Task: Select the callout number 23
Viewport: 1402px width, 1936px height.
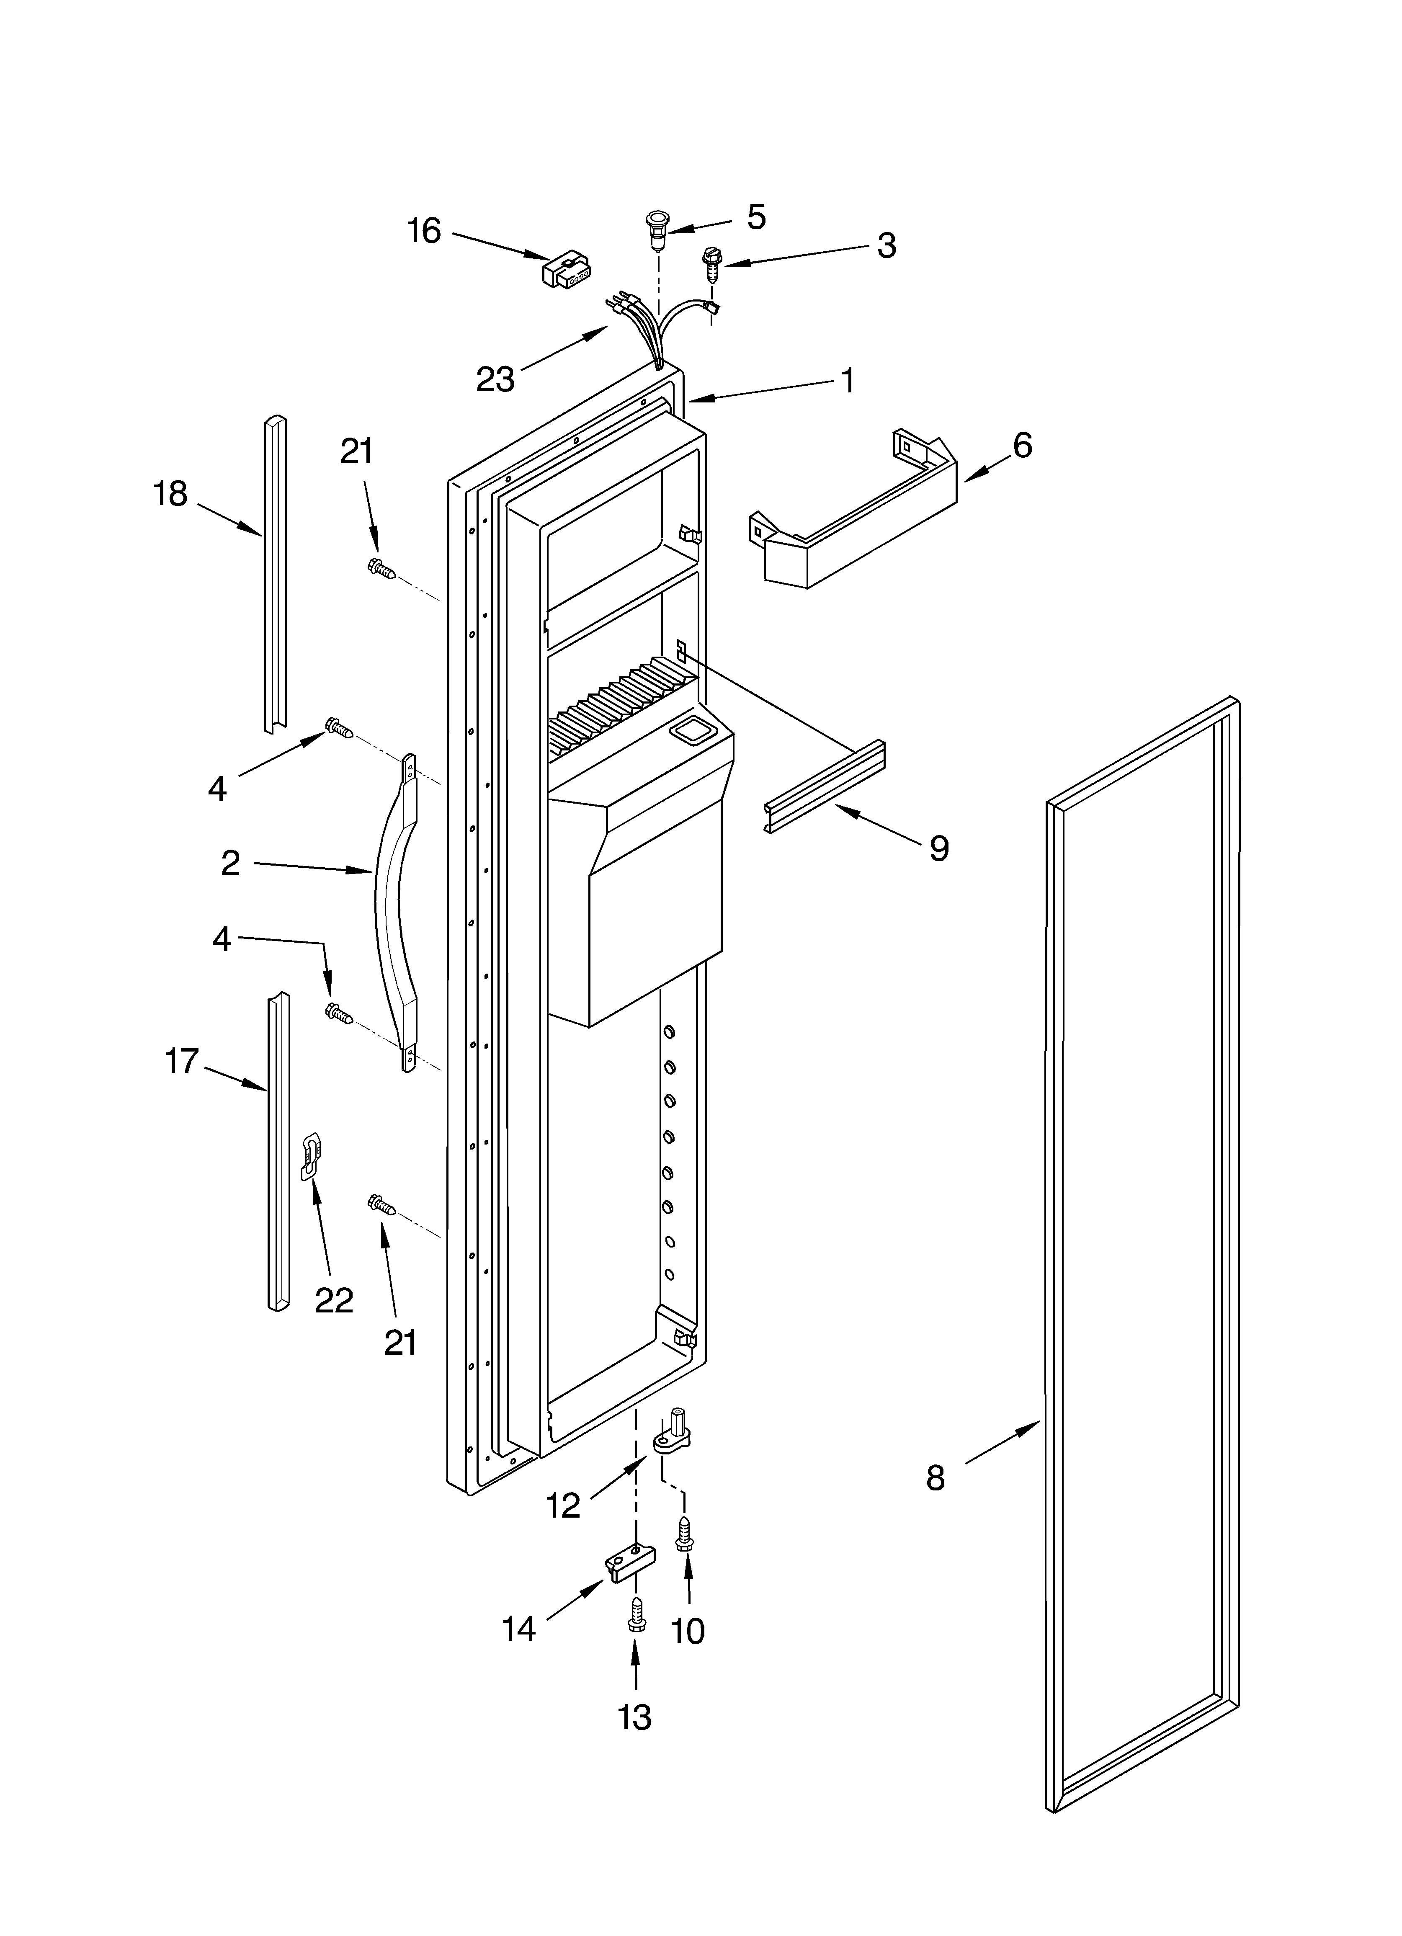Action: [495, 379]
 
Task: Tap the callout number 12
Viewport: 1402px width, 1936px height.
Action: [564, 1505]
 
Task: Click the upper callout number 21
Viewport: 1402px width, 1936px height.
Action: [357, 451]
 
